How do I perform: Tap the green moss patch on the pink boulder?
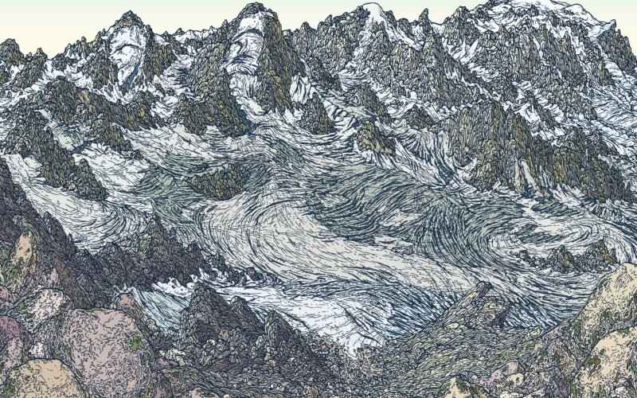[x=137, y=344]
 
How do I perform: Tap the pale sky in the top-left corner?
[x=32, y=16]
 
